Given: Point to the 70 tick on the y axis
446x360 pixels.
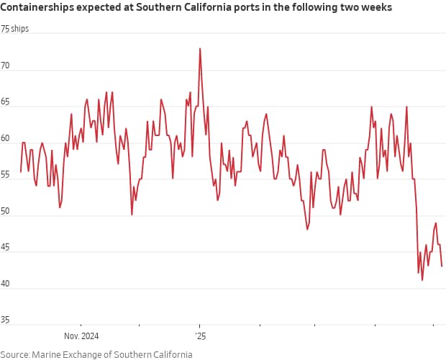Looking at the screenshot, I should tap(6, 66).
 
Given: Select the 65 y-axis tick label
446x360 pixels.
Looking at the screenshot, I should tap(6, 102).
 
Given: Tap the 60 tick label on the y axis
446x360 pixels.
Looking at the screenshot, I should tap(6, 139).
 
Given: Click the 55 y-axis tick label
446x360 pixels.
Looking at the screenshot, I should tap(6, 176).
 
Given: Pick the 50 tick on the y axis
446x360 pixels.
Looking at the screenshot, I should tap(6, 212).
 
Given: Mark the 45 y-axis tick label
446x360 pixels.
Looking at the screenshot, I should tap(6, 249).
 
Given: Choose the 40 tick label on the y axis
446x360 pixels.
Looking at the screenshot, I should tap(6, 286).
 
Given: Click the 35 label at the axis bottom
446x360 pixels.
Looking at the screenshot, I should tap(6, 318).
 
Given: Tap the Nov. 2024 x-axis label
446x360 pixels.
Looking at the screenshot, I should tap(81, 336).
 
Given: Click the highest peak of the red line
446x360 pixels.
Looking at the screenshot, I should tap(200, 48).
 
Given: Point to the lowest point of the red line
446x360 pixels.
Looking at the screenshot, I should tap(422, 279).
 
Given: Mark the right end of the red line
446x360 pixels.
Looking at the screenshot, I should tap(442, 266).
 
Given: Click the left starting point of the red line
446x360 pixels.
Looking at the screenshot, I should tap(21, 171).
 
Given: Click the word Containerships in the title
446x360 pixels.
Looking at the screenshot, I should tap(35, 8).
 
